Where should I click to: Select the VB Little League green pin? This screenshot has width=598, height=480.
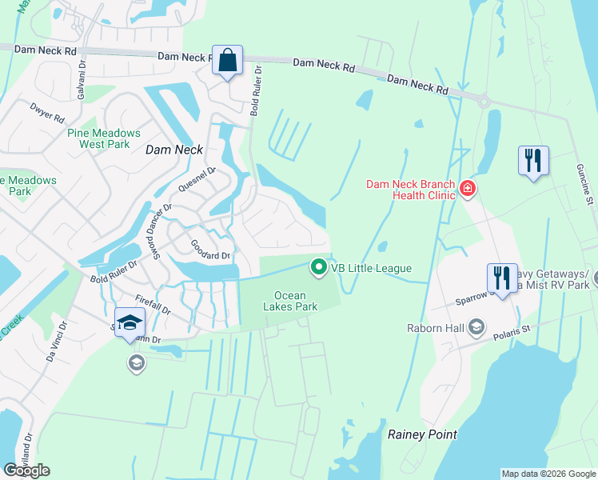319,267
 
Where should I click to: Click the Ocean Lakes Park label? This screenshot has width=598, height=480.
291,301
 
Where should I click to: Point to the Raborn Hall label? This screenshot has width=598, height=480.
436,326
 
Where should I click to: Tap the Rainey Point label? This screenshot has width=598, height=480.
422,434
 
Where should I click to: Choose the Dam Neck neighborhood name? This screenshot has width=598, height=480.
173,150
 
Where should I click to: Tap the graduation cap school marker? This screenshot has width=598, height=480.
130,323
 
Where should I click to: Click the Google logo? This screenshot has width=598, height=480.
27,470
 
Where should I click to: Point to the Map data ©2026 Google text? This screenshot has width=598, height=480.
548,474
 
